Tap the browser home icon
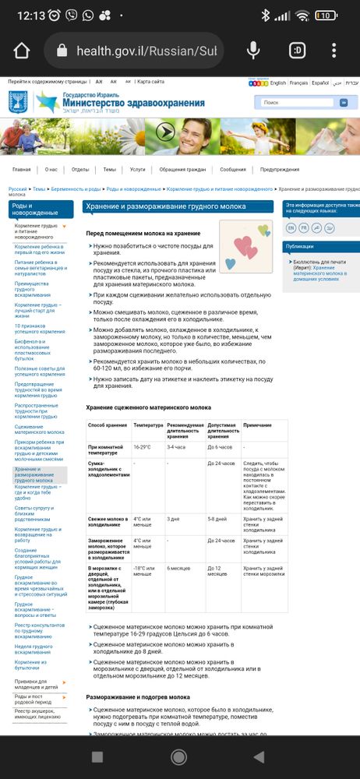[x=21, y=51]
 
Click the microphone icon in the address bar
[x=252, y=51]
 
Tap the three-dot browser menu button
[x=334, y=51]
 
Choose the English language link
[x=278, y=83]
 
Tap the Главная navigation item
[x=22, y=169]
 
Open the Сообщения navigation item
[x=233, y=169]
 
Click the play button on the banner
[x=164, y=131]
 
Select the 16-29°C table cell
[x=142, y=447]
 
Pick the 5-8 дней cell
[x=217, y=519]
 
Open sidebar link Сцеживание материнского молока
[x=40, y=428]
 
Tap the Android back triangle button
[x=259, y=756]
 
